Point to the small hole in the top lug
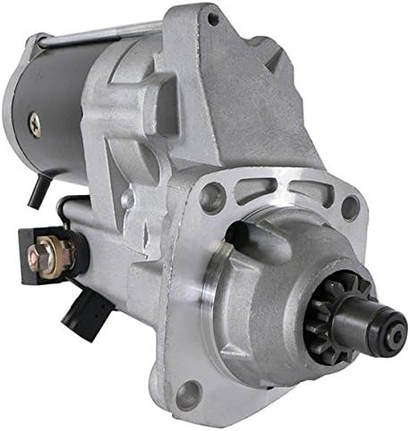click(x=212, y=18)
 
